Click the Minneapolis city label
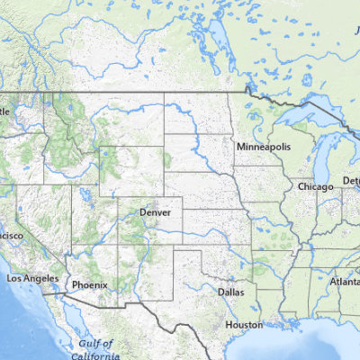pyautogui.click(x=263, y=146)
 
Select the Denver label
pyautogui.click(x=155, y=212)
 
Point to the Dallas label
pyautogui.click(x=230, y=292)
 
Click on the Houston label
pyautogui.click(x=244, y=324)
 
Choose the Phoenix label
pyautogui.click(x=90, y=285)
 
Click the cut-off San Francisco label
pyautogui.click(x=12, y=236)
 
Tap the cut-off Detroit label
pyautogui.click(x=351, y=182)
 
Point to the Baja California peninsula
pyautogui.click(x=72, y=328)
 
